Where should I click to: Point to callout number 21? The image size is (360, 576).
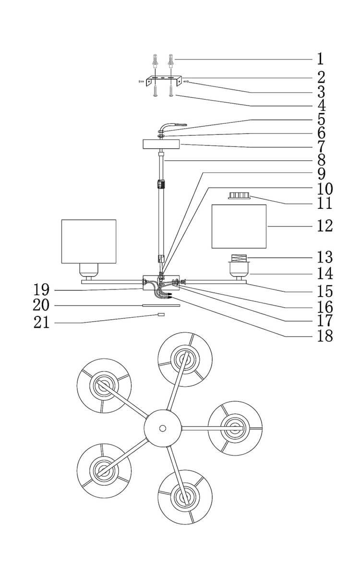coord(42,323)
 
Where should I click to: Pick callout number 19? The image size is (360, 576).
coord(42,290)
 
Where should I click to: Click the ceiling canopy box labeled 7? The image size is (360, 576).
coord(161,144)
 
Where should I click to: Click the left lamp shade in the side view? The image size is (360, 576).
coord(89,241)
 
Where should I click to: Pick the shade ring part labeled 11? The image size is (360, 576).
coord(239,195)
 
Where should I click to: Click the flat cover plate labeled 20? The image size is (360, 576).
coord(161,305)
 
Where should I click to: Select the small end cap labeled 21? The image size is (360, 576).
coord(161,314)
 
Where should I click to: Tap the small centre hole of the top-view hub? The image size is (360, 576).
coord(163,428)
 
